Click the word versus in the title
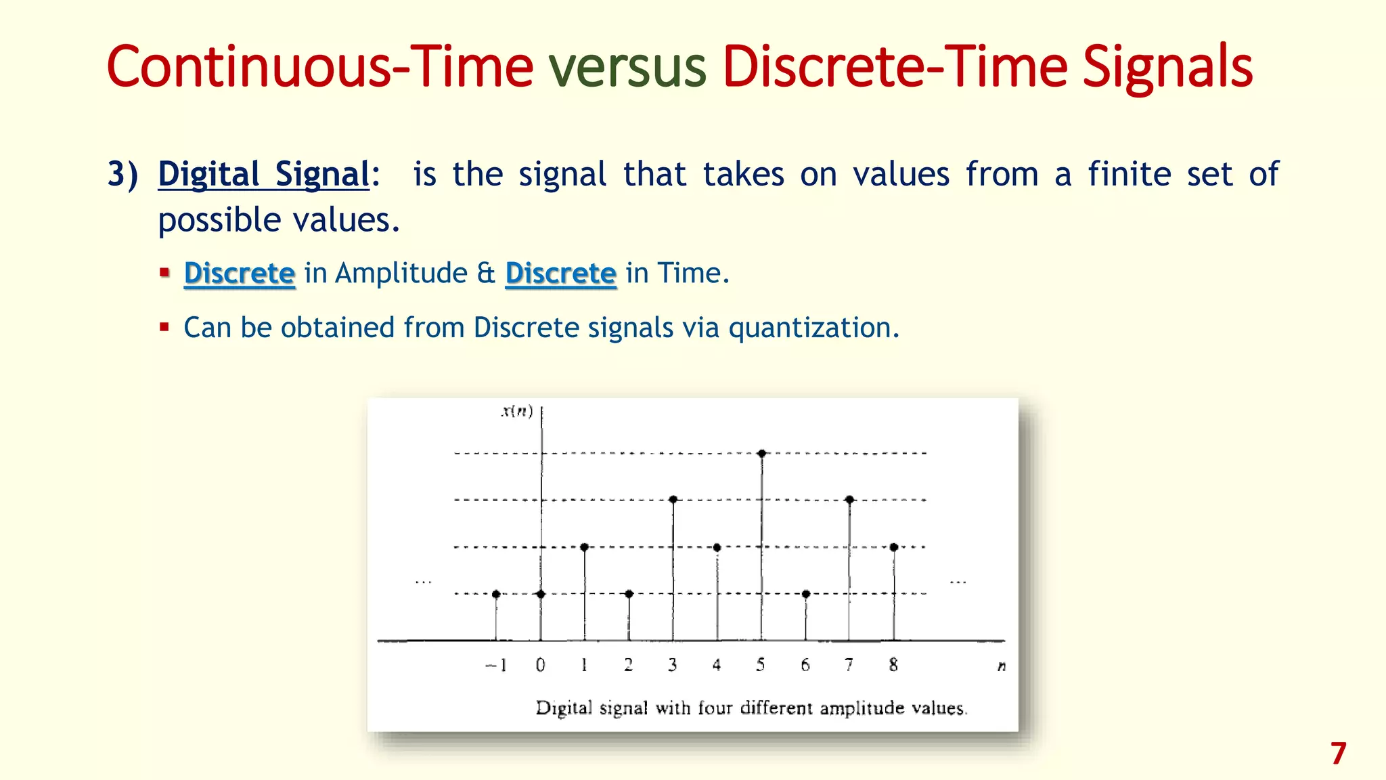[x=627, y=68]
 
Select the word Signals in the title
[x=1167, y=68]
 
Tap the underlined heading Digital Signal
[x=264, y=175]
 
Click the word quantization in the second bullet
[x=813, y=328]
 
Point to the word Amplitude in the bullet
[x=401, y=274]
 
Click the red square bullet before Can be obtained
[x=164, y=328]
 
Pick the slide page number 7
[x=1338, y=754]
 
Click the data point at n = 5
[x=762, y=453]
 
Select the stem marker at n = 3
[x=673, y=500]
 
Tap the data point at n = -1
[x=496, y=594]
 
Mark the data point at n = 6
[x=805, y=594]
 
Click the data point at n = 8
[x=894, y=547]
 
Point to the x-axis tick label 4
[x=717, y=665]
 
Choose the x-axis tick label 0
[x=540, y=665]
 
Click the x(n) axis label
[x=517, y=411]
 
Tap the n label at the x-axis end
[x=1002, y=666]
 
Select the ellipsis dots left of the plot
[x=424, y=582]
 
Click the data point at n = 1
[x=585, y=547]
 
